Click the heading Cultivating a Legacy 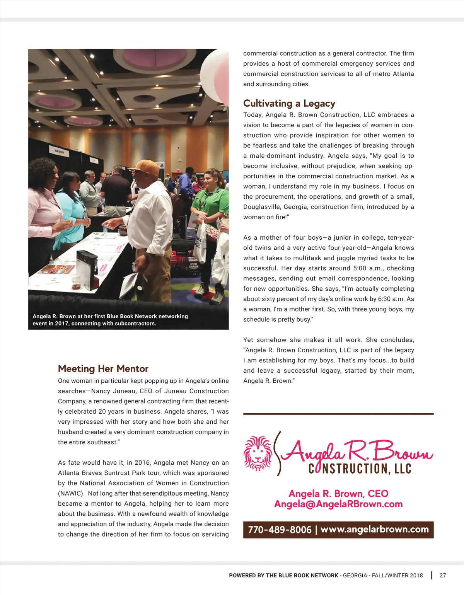[x=289, y=103]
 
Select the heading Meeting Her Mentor [x=103, y=368]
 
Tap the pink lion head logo [x=258, y=453]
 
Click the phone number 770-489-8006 [x=280, y=530]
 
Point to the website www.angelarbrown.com [x=374, y=529]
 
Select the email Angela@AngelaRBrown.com [x=338, y=504]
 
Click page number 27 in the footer [x=443, y=575]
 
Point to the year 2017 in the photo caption [x=61, y=324]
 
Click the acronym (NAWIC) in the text [x=71, y=493]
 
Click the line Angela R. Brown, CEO [x=338, y=494]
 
